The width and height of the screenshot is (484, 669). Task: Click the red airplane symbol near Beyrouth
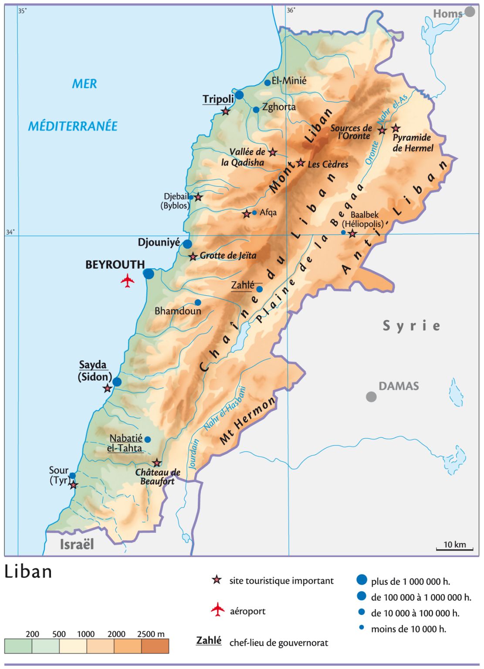coord(127,280)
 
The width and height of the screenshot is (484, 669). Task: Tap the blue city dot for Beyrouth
coord(149,274)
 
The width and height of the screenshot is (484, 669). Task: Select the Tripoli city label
coord(218,99)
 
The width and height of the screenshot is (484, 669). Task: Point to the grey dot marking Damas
coord(371,396)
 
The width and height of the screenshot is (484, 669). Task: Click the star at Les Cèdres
coord(301,163)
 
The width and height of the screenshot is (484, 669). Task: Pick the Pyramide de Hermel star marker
coord(396,128)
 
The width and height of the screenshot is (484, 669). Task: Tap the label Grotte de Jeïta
coord(228,256)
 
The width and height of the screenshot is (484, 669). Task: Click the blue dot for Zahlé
coord(260,289)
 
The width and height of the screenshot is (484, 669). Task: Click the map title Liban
coord(28,572)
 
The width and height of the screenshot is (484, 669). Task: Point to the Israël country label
coord(77,544)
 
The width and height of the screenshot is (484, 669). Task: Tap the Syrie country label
coord(411,326)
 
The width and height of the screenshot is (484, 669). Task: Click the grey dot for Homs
coord(470,11)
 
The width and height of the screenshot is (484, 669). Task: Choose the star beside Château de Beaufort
coord(157,463)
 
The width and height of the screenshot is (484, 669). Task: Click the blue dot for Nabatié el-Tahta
coord(148,439)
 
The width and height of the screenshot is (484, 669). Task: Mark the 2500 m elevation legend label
coord(151,634)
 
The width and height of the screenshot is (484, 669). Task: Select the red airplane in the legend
coord(218,610)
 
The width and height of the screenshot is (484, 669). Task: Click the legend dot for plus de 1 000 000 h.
coord(362,580)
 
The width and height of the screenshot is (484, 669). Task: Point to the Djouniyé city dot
coord(187,244)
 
